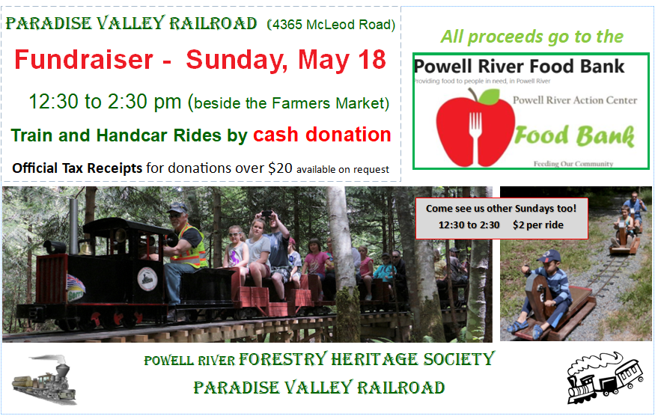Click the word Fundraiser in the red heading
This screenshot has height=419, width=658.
(84, 60)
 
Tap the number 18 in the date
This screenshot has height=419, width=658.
(372, 60)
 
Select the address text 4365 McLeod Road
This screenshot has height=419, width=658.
(332, 25)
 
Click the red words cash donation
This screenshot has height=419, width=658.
(322, 135)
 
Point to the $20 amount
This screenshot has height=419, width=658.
(280, 168)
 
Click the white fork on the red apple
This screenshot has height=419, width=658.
(475, 138)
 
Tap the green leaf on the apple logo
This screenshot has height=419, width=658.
(489, 97)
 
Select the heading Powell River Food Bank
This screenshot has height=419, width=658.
(519, 67)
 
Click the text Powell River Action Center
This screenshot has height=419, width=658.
(574, 100)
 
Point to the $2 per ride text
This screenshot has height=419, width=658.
(538, 225)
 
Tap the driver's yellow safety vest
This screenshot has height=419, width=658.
(192, 247)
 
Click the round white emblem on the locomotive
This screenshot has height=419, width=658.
(147, 279)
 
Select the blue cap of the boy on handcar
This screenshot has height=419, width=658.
(549, 256)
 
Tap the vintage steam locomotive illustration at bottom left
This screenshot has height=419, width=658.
(44, 379)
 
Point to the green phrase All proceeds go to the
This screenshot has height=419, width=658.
(531, 37)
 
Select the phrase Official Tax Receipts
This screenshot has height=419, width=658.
(77, 168)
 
